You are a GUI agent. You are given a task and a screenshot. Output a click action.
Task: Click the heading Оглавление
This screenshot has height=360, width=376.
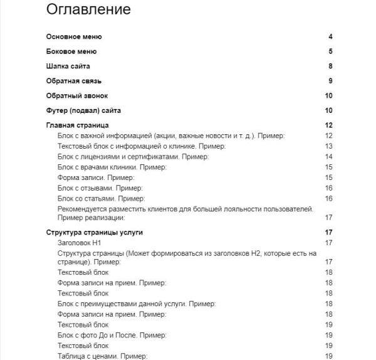(88, 10)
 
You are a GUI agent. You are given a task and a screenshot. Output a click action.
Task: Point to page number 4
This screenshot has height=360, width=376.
(330, 37)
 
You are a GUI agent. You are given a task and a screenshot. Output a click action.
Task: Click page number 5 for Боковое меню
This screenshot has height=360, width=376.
(330, 51)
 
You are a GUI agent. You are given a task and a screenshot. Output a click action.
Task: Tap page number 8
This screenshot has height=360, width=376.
(330, 66)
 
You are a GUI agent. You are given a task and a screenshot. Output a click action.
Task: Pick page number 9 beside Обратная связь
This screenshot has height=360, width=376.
(330, 81)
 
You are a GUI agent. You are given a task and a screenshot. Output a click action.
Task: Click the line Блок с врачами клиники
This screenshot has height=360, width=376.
(111, 167)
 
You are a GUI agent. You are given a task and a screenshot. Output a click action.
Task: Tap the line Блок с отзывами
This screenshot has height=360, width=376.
(100, 188)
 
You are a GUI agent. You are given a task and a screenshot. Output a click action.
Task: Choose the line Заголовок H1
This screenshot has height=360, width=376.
(83, 243)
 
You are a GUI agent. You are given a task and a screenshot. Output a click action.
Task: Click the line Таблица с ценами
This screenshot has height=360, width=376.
(102, 356)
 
